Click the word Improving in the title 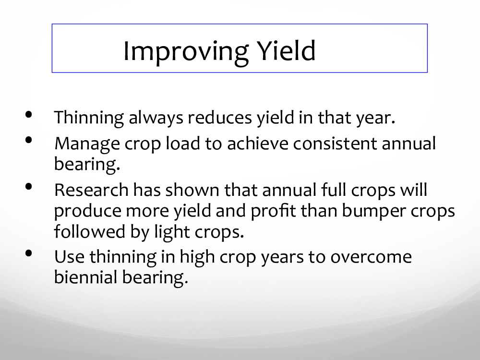pyautogui.click(x=186, y=52)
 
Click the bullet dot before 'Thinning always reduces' pyautogui.click(x=29, y=115)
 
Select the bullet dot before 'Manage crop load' pyautogui.click(x=29, y=140)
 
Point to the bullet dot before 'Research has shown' pyautogui.click(x=29, y=187)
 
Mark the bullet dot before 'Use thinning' pyautogui.click(x=29, y=253)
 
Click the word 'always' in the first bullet pyautogui.click(x=156, y=118)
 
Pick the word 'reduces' pyautogui.click(x=219, y=118)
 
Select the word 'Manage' pyautogui.click(x=87, y=144)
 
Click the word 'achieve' pyautogui.click(x=257, y=144)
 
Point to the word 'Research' pyautogui.click(x=91, y=190)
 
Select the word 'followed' pyautogui.click(x=90, y=231)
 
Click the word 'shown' pyautogui.click(x=192, y=190)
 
